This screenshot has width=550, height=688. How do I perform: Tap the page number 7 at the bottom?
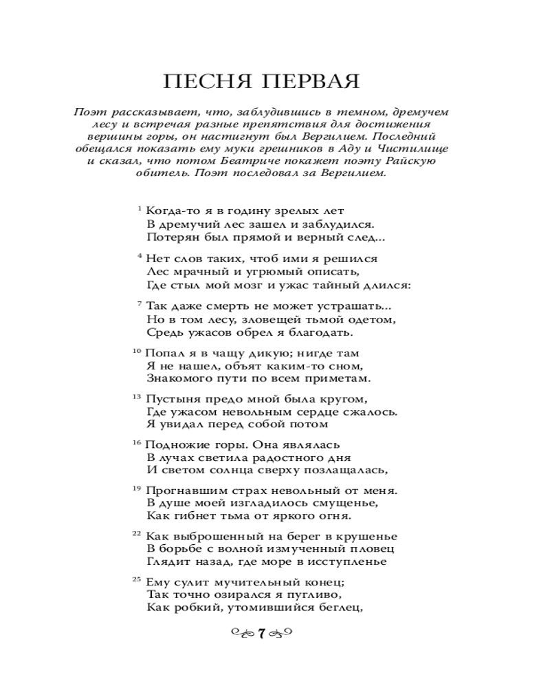(261, 634)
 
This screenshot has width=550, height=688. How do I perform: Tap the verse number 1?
(140, 208)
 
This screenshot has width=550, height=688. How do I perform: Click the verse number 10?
(136, 350)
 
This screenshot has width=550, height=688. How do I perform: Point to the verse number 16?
(136, 442)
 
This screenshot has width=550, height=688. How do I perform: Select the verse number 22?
(136, 533)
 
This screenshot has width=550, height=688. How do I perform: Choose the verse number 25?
(136, 579)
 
